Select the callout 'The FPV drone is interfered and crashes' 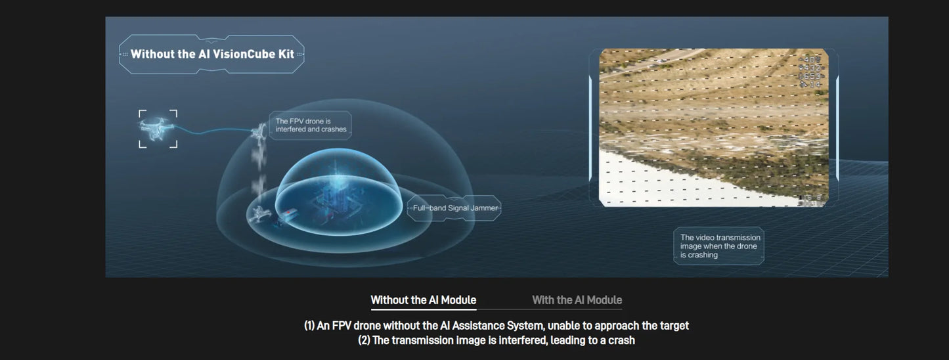311,125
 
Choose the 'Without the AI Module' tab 423,300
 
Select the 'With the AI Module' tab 577,300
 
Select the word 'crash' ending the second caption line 621,340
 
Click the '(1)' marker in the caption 309,326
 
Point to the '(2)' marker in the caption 363,340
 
